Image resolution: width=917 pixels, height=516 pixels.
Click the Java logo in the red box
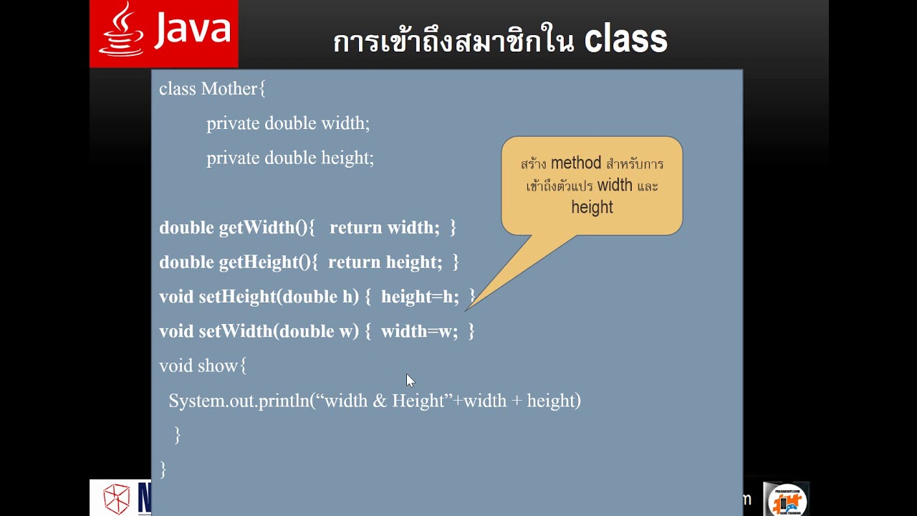pos(164,33)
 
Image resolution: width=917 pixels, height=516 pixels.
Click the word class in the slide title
pos(625,40)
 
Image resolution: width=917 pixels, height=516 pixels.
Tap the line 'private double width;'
pos(288,123)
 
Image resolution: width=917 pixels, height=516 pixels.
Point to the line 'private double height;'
pos(290,158)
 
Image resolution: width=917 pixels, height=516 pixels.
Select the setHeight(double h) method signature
pos(278,297)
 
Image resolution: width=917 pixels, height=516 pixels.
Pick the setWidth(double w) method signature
pos(278,331)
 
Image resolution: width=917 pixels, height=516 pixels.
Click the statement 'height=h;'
pos(420,297)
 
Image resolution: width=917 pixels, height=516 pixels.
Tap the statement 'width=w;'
pos(419,331)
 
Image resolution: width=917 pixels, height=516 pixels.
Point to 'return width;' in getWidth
pos(385,228)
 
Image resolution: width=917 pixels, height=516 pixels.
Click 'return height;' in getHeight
pos(385,262)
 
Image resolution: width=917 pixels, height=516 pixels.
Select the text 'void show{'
pos(203,365)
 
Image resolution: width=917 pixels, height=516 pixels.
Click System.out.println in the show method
pos(239,401)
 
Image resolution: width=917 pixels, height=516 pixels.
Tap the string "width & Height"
pos(384,401)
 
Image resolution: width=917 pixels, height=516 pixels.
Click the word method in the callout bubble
pos(576,163)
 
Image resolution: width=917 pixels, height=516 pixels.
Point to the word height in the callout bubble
pos(592,207)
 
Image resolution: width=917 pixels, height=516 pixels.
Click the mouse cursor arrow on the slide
pos(410,381)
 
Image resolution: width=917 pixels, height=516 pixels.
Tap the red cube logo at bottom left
pos(116,499)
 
